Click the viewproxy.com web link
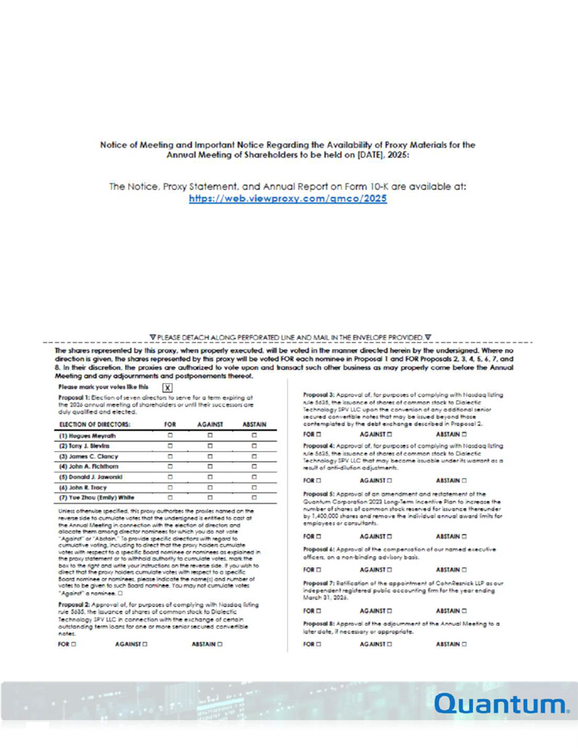click(288, 198)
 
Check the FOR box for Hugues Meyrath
click(171, 437)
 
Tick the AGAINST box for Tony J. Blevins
click(210, 447)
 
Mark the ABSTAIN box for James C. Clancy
click(255, 457)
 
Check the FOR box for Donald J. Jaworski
click(171, 478)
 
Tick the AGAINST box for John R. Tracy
click(210, 488)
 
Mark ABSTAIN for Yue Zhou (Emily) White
click(255, 498)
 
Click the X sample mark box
click(168, 387)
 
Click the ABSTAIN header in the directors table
click(255, 424)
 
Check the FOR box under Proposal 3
click(319, 435)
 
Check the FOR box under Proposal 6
click(319, 569)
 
